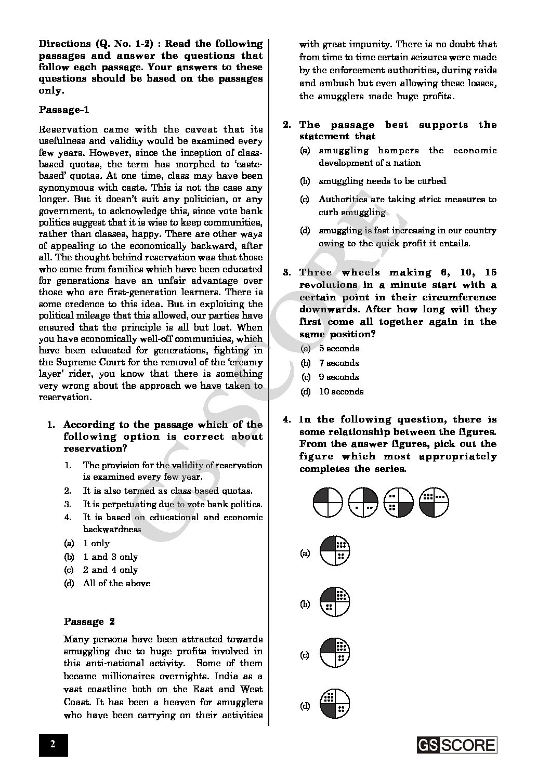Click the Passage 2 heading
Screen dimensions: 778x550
pyautogui.click(x=89, y=622)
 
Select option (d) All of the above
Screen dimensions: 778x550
pyautogui.click(x=116, y=583)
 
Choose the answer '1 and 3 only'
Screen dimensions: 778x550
pyautogui.click(x=110, y=557)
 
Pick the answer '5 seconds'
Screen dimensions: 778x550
pyautogui.click(x=338, y=348)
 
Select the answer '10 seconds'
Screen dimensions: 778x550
pyautogui.click(x=341, y=391)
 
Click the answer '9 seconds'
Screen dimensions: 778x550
pyautogui.click(x=338, y=377)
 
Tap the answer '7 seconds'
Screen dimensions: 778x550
pyautogui.click(x=338, y=363)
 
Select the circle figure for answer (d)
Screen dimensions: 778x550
pyautogui.click(x=335, y=705)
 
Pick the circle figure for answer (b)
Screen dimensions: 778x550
pyautogui.click(x=335, y=603)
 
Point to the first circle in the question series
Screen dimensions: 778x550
pyautogui.click(x=328, y=503)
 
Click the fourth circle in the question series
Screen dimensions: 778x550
pyautogui.click(x=434, y=503)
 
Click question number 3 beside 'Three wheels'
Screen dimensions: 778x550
pyautogui.click(x=286, y=272)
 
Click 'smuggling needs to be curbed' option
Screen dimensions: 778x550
pyautogui.click(x=382, y=181)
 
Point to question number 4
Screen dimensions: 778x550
pyautogui.click(x=286, y=419)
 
